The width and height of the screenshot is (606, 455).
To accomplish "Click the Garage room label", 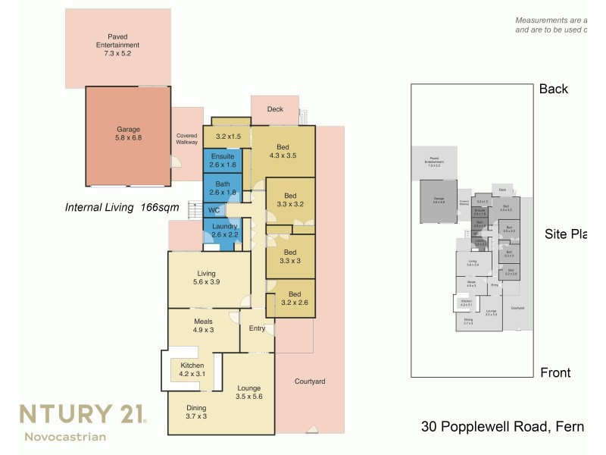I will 128,133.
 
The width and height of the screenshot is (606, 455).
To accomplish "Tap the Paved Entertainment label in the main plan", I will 117,45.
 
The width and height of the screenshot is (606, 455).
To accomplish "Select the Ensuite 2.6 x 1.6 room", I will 223,160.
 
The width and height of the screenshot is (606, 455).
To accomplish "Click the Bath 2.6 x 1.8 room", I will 223,188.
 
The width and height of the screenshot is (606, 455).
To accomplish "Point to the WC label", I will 214,210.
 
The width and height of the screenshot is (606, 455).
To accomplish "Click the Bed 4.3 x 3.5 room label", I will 282,151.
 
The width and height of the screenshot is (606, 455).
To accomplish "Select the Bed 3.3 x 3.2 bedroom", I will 289,199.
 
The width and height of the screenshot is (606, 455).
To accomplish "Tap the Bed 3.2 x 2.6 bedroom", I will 289,299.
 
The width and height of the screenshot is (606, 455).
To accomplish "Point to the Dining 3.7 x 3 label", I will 196,413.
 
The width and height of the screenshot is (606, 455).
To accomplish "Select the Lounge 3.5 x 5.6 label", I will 248,391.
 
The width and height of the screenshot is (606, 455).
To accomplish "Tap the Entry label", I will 257,328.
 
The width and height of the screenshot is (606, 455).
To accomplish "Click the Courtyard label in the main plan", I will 310,381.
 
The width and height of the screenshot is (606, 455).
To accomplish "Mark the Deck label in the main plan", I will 275,109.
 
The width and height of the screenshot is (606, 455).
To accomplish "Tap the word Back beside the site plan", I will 553,89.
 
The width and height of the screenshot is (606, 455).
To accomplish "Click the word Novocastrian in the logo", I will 65,436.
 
